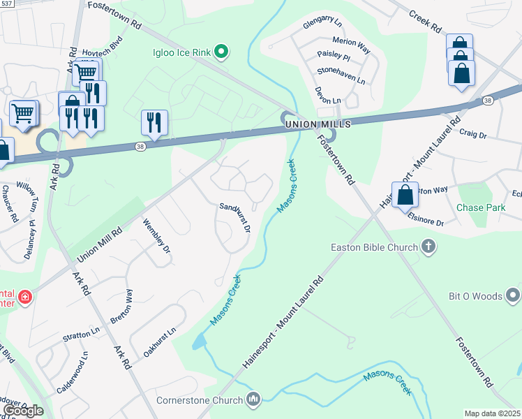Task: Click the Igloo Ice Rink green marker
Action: (221, 51)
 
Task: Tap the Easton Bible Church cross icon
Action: (429, 247)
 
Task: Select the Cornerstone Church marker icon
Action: (253, 400)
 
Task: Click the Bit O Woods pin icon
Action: (513, 296)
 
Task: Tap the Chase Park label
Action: (480, 207)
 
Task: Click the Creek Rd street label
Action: (426, 22)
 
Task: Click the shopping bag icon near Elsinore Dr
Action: (405, 196)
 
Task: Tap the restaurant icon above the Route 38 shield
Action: (154, 123)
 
